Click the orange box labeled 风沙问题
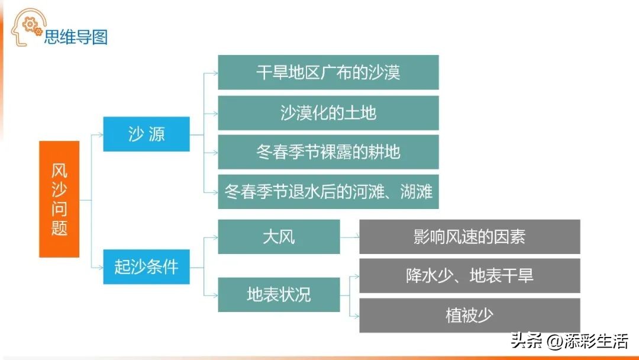click(59, 199)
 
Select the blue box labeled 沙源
click(146, 134)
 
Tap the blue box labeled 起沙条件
click(146, 266)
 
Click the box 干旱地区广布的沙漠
click(328, 72)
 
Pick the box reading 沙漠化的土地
click(328, 113)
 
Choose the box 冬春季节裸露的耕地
click(328, 152)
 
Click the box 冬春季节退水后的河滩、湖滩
click(328, 192)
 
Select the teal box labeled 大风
click(279, 237)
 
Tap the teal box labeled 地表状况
click(279, 295)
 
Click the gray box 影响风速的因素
click(469, 237)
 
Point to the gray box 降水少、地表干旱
click(469, 275)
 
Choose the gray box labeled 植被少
click(469, 315)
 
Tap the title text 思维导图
click(76, 37)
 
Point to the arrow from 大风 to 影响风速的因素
click(350, 236)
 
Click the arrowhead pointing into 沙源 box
click(101, 134)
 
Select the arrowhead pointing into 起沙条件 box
click(101, 268)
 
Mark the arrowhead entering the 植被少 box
click(357, 316)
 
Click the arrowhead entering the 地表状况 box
click(215, 295)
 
